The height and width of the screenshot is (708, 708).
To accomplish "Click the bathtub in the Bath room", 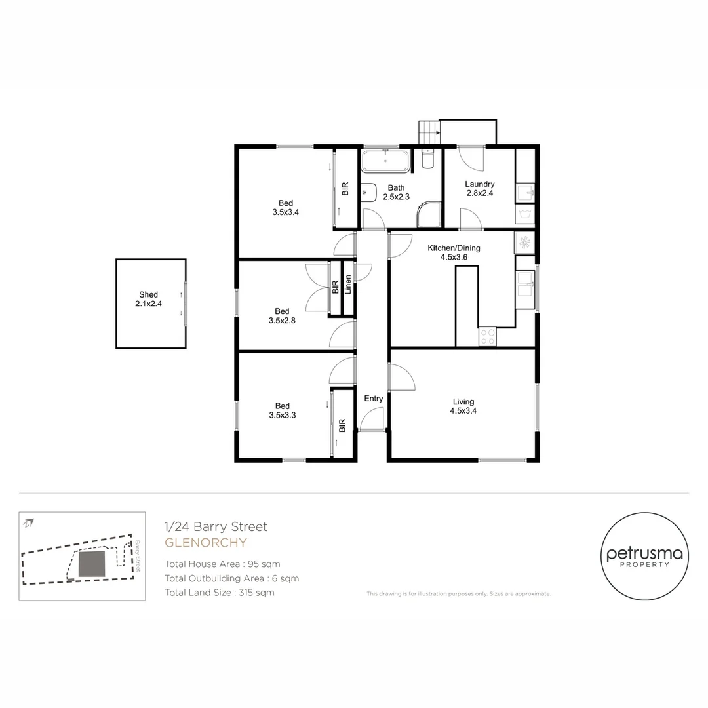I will (x=385, y=161).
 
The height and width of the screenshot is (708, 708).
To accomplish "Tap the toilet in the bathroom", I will (x=427, y=159).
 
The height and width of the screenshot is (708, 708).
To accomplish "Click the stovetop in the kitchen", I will (x=488, y=337).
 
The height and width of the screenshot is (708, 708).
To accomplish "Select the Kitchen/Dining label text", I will (x=454, y=248).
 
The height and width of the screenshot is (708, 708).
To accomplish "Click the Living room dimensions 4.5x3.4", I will (x=463, y=411).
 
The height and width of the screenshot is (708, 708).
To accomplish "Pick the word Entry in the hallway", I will (x=373, y=399).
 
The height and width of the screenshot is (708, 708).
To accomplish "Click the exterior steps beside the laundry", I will (x=429, y=132).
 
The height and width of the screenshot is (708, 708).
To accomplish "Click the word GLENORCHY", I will (x=205, y=543).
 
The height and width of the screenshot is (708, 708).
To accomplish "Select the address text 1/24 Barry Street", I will (x=216, y=526).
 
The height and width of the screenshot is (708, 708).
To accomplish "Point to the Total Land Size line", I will (x=219, y=593).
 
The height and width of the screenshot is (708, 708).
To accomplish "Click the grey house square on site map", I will (x=91, y=564).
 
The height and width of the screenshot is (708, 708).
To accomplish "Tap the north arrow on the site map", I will (x=29, y=522).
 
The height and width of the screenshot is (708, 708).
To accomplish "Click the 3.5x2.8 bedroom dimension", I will (x=282, y=321).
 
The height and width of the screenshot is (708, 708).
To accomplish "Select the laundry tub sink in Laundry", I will (x=526, y=193).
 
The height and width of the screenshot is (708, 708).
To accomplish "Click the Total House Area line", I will (x=222, y=564).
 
